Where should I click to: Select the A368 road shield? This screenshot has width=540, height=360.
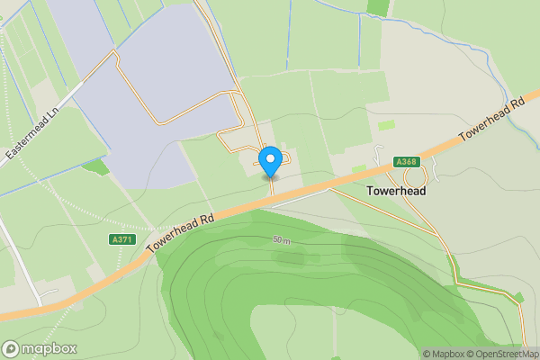(406, 162)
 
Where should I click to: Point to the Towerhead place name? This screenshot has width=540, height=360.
(397, 191)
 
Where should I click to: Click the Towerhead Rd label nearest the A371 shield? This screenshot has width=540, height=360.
(181, 232)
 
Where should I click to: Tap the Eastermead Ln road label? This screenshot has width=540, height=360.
(31, 131)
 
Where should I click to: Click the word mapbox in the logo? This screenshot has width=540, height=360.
(49, 348)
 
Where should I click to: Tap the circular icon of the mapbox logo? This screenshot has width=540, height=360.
(11, 348)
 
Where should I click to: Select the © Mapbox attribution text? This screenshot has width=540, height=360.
(444, 354)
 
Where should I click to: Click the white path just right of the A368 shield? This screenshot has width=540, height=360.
(436, 168)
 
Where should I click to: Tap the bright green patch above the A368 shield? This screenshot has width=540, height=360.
(387, 125)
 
